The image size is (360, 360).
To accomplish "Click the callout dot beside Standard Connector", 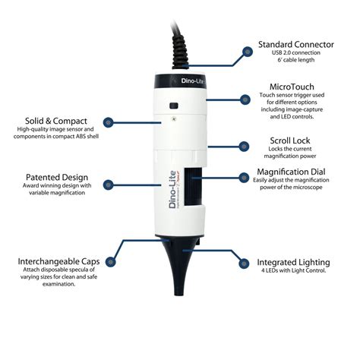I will coord(247,52).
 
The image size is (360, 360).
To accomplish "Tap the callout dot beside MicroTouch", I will coord(247,99).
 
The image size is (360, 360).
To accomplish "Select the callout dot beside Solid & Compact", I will coord(110,122).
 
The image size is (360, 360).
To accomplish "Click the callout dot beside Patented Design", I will coord(110,184).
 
